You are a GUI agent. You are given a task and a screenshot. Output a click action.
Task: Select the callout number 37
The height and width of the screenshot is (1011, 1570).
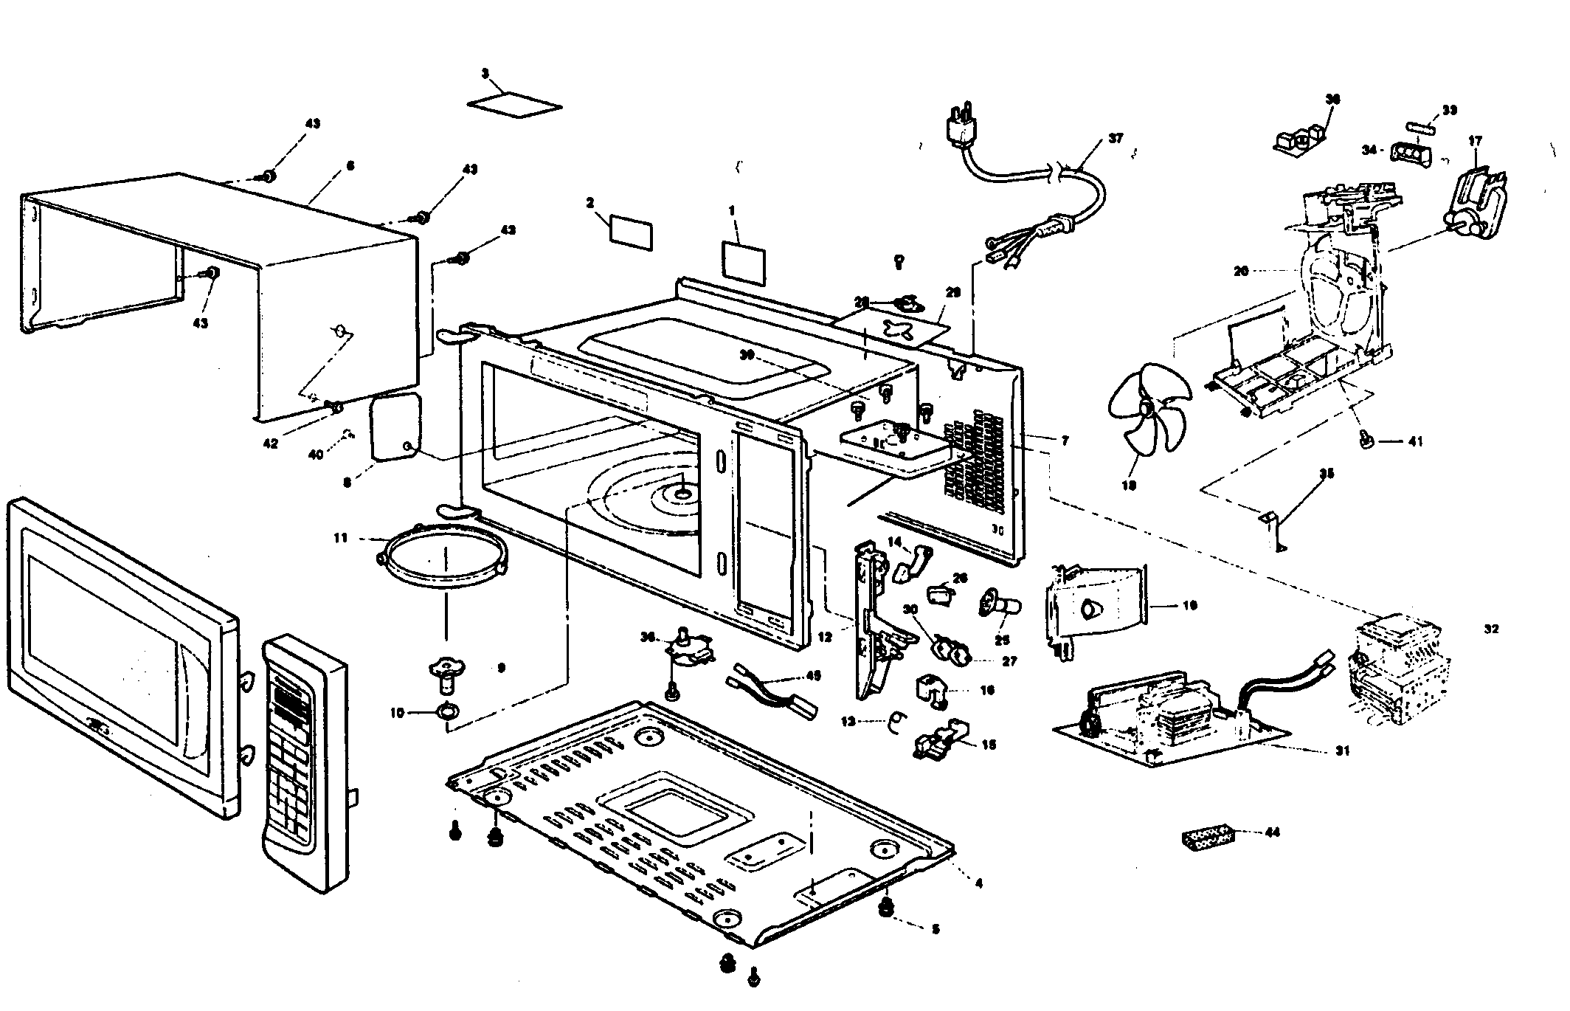tap(1115, 138)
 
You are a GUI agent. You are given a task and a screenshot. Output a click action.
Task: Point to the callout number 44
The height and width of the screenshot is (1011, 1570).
tap(1272, 832)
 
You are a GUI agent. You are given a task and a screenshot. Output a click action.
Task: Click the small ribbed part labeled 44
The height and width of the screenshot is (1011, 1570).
tap(1207, 838)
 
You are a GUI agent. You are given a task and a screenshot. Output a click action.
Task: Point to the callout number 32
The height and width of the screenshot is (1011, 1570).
tap(1491, 629)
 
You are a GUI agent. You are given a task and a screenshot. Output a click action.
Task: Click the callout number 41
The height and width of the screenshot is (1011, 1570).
tap(1414, 441)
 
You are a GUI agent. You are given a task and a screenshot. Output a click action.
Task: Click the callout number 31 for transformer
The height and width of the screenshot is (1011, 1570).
tap(1342, 751)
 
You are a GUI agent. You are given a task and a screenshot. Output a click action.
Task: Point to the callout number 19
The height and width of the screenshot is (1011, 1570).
tap(1189, 605)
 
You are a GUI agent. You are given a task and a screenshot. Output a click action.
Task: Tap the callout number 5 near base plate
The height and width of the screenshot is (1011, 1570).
tap(935, 930)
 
